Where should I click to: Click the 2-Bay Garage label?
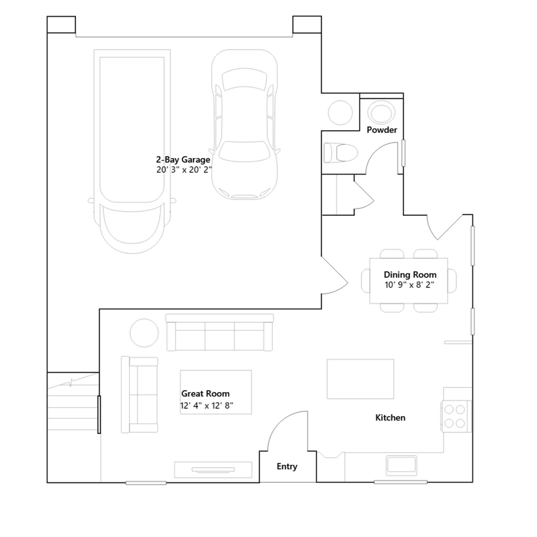point(183,160)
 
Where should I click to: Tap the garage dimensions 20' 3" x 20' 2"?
point(184,170)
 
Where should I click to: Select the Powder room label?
point(382,130)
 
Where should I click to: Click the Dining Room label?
point(410,275)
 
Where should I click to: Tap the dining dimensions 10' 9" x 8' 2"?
point(409,285)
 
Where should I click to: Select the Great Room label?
point(205,393)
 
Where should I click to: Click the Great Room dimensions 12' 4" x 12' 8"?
point(206,405)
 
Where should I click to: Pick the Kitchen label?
point(390,418)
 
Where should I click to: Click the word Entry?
point(287,467)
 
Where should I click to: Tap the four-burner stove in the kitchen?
point(456,416)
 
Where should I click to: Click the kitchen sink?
point(401,465)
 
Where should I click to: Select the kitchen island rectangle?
point(360,379)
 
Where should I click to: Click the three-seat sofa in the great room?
point(220,333)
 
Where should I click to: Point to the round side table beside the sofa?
point(144,333)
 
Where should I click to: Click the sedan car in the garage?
point(244,125)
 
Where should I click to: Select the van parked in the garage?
point(132,151)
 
